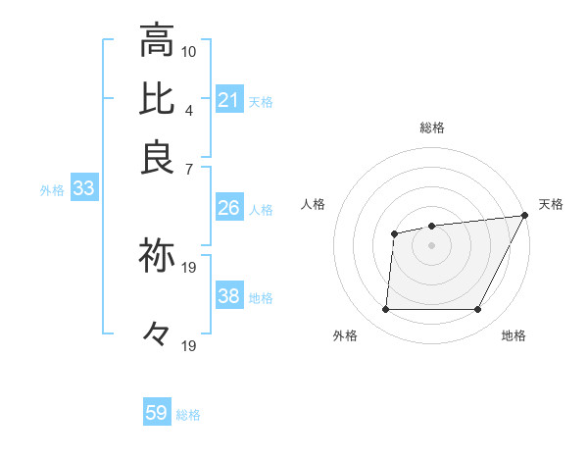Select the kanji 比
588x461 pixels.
tap(157, 99)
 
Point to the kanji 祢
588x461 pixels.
tap(157, 255)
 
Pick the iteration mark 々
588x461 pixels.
tap(157, 334)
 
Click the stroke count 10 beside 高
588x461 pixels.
tap(189, 51)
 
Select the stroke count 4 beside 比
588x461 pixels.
tap(189, 109)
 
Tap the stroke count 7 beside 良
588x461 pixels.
tap(189, 168)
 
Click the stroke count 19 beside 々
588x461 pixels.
tap(189, 345)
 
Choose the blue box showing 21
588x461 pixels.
tap(229, 100)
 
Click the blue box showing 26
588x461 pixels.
tap(229, 208)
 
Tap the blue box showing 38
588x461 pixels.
tap(229, 296)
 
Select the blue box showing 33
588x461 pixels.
tap(83, 189)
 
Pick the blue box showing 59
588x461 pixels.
tap(157, 413)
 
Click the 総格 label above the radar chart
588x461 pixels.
tap(432, 128)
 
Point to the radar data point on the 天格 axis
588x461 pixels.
tap(524, 216)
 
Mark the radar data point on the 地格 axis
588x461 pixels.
tap(477, 310)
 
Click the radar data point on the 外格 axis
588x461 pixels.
tap(385, 310)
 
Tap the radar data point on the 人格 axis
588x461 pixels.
tap(394, 233)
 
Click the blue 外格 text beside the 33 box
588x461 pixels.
tap(52, 190)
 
